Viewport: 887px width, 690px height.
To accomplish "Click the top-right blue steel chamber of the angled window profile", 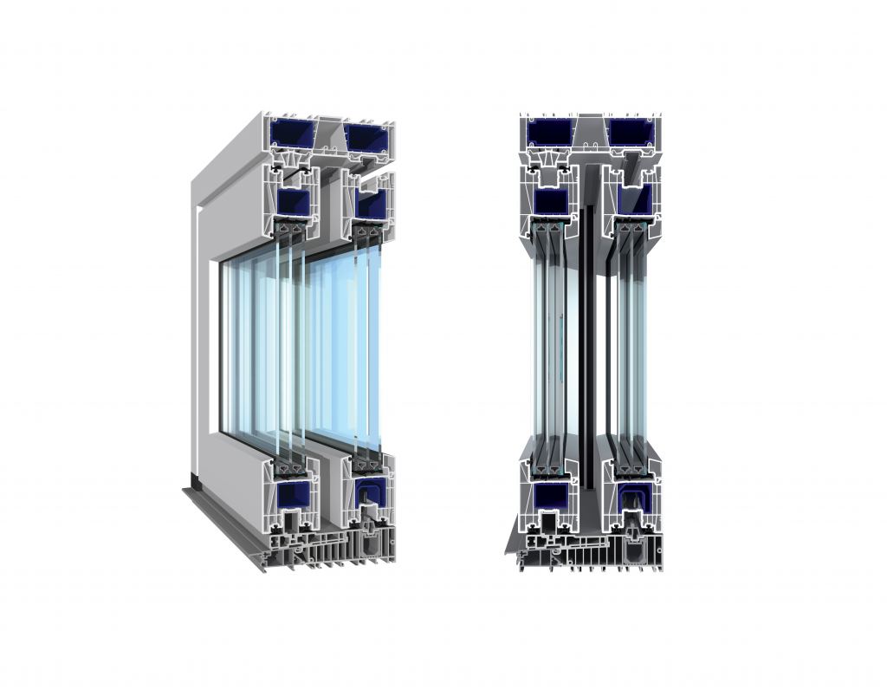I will [x=368, y=135].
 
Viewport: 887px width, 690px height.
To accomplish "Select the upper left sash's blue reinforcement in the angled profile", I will [x=294, y=202].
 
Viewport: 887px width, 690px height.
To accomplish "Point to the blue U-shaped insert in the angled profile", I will [x=370, y=497].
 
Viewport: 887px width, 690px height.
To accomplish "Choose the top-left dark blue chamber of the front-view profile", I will [x=552, y=132].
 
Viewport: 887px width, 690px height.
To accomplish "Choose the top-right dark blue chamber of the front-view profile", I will [x=631, y=132].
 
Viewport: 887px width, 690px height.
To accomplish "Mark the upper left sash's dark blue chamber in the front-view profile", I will [x=551, y=201].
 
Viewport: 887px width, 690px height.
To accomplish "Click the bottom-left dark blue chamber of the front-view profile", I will [x=551, y=496].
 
